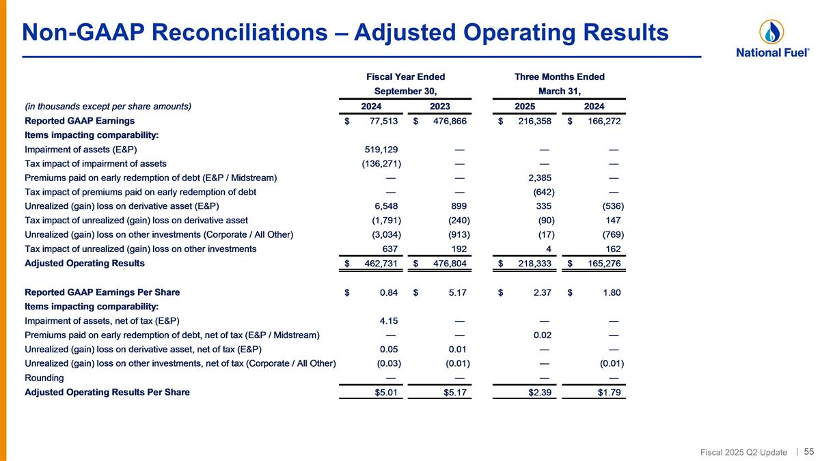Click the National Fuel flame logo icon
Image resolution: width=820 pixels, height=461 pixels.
pos(771,31)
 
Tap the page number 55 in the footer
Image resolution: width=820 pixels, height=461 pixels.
pos(808,451)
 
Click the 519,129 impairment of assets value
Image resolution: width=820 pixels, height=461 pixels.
pos(381,150)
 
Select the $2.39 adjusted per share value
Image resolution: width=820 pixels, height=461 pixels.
pos(540,393)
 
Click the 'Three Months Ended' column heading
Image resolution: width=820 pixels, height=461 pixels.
pos(559,77)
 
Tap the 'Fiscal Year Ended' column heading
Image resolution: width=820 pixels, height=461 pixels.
pos(406,77)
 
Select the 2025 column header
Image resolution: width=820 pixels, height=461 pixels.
pos(525,107)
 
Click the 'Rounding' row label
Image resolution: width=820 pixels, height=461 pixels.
pos(44,378)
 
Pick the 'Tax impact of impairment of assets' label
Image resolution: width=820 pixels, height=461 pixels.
pos(96,164)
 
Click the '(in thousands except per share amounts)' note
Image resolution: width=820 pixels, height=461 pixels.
pos(108,107)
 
